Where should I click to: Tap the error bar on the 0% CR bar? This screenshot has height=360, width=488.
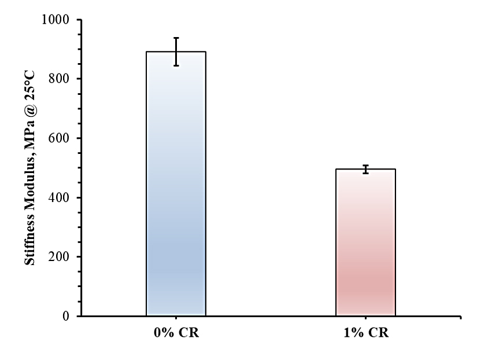click(x=176, y=52)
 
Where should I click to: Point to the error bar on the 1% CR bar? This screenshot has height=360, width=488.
click(x=365, y=169)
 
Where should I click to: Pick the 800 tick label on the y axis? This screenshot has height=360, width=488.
click(x=60, y=79)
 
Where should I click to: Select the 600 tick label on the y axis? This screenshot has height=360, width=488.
click(x=60, y=138)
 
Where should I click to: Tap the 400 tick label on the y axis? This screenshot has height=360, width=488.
click(x=60, y=197)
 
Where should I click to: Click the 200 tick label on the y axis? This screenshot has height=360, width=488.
click(x=60, y=257)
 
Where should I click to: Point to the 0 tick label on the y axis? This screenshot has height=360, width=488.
click(x=65, y=316)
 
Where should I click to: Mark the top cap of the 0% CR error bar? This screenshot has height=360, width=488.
click(x=176, y=38)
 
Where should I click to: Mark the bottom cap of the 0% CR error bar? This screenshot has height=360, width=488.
click(x=176, y=65)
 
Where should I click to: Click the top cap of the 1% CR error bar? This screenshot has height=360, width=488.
click(x=365, y=166)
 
